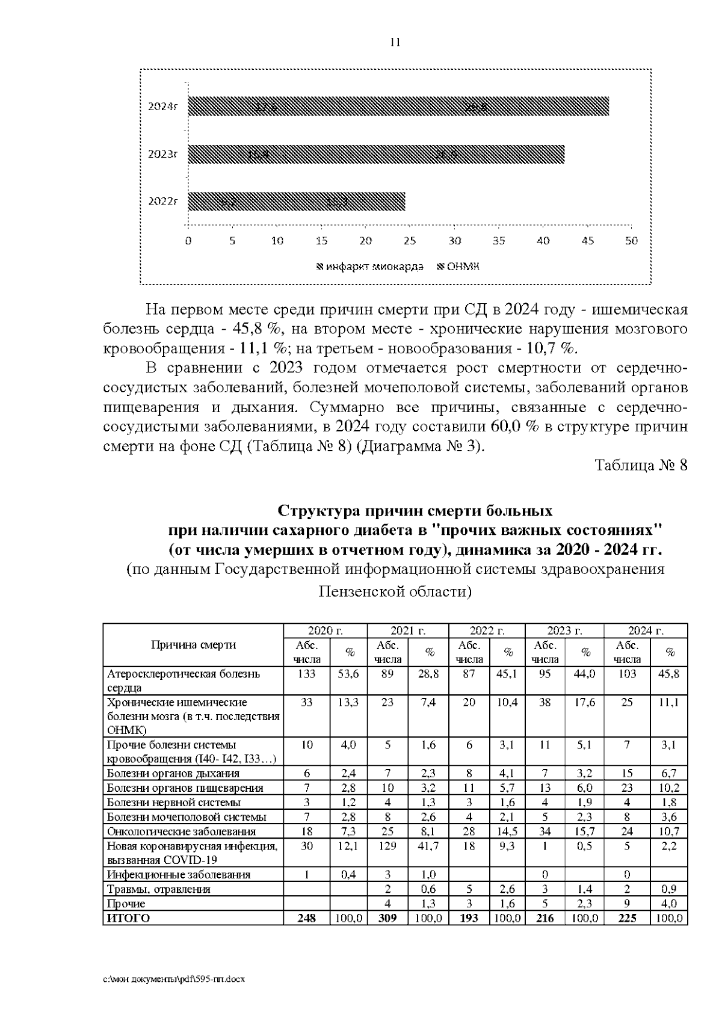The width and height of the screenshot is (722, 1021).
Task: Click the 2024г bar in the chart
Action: pyautogui.click(x=397, y=106)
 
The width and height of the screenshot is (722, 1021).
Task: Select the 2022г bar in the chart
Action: pyautogui.click(x=296, y=202)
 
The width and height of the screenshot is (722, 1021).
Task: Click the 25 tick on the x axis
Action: pyautogui.click(x=410, y=241)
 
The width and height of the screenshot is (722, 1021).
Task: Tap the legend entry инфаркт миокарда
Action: pyautogui.click(x=370, y=267)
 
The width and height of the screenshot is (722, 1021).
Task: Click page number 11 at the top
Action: pyautogui.click(x=395, y=42)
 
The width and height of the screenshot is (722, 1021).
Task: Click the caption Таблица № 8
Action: pyautogui.click(x=641, y=465)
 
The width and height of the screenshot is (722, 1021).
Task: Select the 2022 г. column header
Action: pyautogui.click(x=487, y=631)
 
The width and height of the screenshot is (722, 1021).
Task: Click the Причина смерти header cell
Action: pyautogui.click(x=193, y=645)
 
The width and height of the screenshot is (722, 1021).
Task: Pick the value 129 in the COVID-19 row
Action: pyautogui.click(x=387, y=845)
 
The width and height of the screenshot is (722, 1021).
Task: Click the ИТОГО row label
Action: pyautogui.click(x=128, y=918)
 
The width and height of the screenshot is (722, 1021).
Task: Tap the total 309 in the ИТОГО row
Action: pyautogui.click(x=387, y=918)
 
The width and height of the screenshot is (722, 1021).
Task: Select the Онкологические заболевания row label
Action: pyautogui.click(x=181, y=831)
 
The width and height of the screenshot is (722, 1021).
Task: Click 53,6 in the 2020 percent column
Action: pyautogui.click(x=348, y=674)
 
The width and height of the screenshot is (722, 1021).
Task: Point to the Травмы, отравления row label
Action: pyautogui.click(x=159, y=889)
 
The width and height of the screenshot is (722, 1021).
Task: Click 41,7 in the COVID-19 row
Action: pyautogui.click(x=428, y=845)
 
